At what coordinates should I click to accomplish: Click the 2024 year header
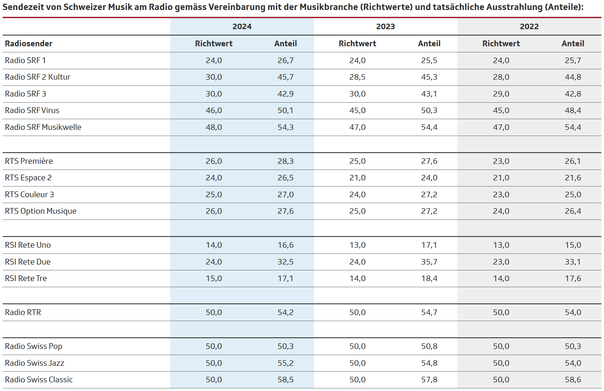coord(242,27)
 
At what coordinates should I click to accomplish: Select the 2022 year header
coord(529,27)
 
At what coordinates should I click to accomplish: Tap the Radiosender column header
coord(29,43)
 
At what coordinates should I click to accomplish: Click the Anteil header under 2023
coord(429,43)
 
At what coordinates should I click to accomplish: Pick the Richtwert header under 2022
coord(501,43)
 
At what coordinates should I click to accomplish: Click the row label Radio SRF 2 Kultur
coord(38,77)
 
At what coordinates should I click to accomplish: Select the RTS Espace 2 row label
coord(28,178)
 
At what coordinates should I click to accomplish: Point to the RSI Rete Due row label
coord(28,262)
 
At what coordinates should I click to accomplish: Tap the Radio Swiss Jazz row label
coord(34,363)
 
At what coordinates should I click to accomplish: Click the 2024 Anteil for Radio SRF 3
coord(286,94)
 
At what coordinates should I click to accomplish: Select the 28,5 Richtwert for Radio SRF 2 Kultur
coord(357,77)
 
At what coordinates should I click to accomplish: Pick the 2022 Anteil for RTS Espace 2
coord(573,178)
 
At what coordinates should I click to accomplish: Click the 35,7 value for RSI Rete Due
coord(429,262)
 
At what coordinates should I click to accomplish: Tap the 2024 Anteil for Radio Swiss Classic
coord(286,380)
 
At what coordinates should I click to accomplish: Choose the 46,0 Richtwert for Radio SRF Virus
coord(214,110)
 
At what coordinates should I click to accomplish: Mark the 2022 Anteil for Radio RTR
coord(573,312)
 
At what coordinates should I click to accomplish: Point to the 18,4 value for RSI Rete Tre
coord(429,278)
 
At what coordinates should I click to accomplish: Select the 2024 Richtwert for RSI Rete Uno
coord(214,245)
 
